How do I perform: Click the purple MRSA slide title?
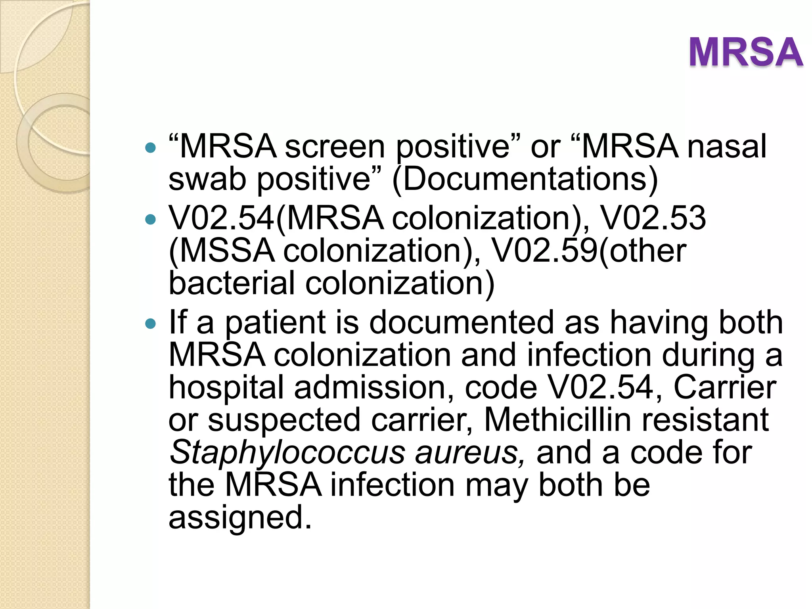point(745,52)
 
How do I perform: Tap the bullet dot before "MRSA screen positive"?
point(151,148)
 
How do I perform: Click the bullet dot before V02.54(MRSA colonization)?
point(151,219)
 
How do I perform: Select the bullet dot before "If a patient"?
point(151,324)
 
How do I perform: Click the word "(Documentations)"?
point(525,179)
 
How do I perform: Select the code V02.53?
point(653,218)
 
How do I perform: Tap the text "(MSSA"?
point(221,251)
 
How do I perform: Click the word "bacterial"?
point(232,283)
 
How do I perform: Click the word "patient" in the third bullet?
point(276,323)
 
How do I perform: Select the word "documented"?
point(462,323)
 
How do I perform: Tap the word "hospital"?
point(226,388)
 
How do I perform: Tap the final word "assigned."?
point(240,518)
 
